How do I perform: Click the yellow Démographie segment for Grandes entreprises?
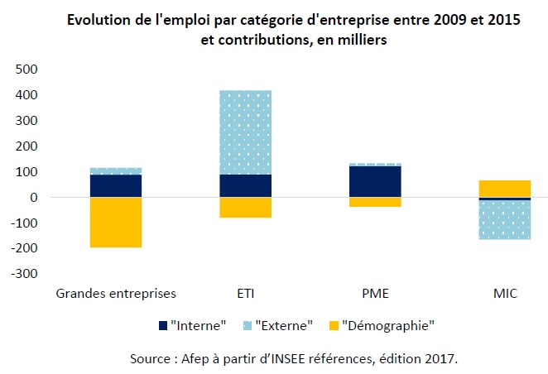(x=116, y=222)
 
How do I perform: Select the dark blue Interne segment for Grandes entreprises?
(x=116, y=186)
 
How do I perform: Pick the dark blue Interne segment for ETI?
(x=245, y=186)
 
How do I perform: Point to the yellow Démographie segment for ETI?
(x=245, y=208)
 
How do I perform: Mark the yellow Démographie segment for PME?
(x=375, y=202)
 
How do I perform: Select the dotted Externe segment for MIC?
(x=504, y=220)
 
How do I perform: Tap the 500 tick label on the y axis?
(x=28, y=70)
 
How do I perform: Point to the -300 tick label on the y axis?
(x=26, y=274)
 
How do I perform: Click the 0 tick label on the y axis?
(x=34, y=198)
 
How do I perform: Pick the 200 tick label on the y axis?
(x=28, y=146)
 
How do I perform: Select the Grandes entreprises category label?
(x=116, y=293)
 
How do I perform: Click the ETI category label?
(x=245, y=293)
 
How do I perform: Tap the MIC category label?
(x=504, y=293)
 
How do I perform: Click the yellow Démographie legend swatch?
(x=333, y=325)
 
